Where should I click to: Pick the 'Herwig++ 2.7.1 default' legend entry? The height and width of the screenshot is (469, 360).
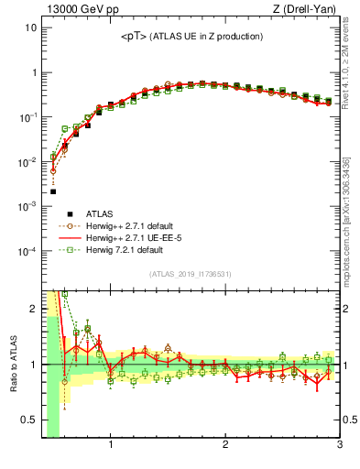[x=133, y=225]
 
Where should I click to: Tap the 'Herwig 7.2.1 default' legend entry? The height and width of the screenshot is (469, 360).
[x=127, y=249]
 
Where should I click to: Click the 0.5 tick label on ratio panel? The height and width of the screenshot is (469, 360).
[x=29, y=420]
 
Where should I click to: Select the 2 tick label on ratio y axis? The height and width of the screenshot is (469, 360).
[x=33, y=309]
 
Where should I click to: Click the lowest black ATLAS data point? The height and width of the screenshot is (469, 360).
[x=53, y=191]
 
